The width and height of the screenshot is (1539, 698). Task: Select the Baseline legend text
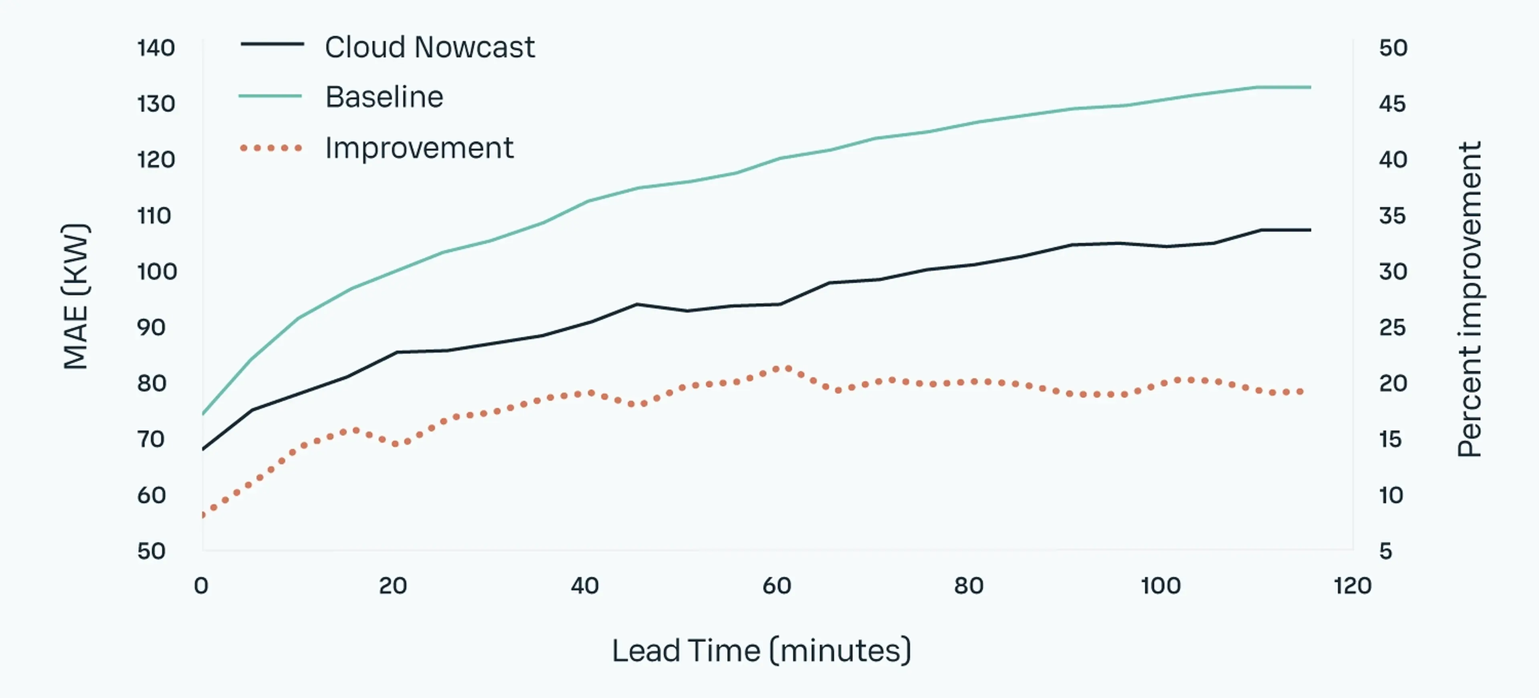pyautogui.click(x=384, y=97)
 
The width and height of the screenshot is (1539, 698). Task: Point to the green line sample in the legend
pyautogui.click(x=270, y=96)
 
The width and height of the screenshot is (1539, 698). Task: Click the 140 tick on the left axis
pyautogui.click(x=156, y=48)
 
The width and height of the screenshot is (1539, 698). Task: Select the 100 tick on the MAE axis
pyautogui.click(x=157, y=272)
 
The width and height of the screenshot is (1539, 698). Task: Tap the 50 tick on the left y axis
pyautogui.click(x=151, y=551)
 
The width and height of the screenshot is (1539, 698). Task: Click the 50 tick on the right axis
pyautogui.click(x=1393, y=48)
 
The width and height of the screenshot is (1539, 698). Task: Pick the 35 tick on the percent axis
pyautogui.click(x=1393, y=215)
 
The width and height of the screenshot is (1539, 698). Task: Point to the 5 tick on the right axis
pyautogui.click(x=1386, y=551)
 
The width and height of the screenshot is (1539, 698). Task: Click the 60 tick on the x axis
pyautogui.click(x=777, y=586)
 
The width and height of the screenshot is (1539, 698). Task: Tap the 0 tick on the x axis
pyautogui.click(x=201, y=586)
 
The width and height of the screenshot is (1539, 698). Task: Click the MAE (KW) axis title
pyautogui.click(x=76, y=297)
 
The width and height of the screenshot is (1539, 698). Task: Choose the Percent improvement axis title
pyautogui.click(x=1470, y=299)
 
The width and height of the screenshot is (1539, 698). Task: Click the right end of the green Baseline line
pyautogui.click(x=1310, y=87)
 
